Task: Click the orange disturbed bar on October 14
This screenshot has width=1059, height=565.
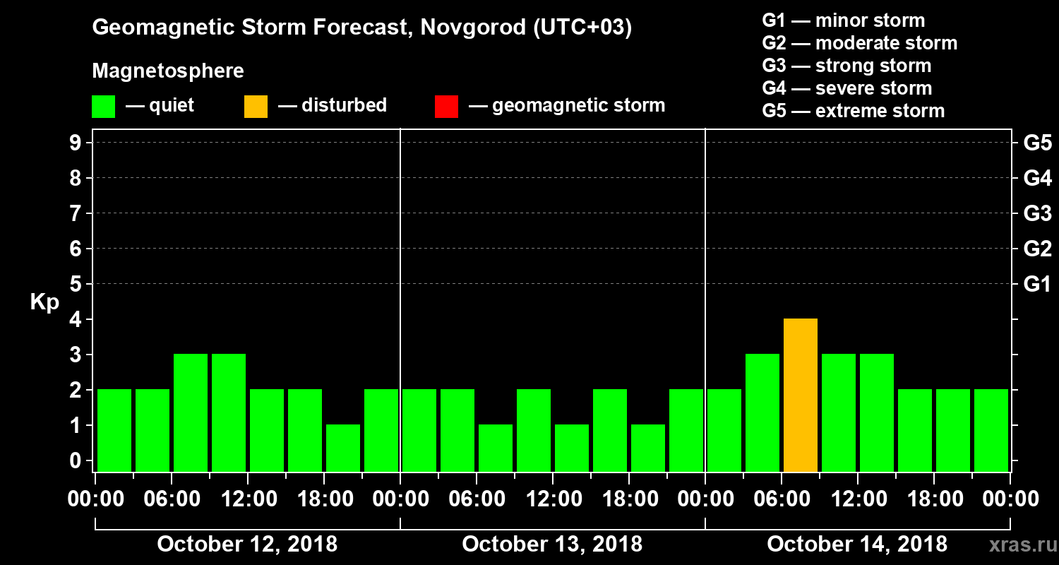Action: (801, 395)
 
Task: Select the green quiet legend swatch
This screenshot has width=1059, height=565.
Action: (103, 107)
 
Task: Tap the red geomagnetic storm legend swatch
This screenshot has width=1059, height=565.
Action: (446, 107)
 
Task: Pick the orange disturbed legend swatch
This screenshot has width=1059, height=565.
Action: (256, 107)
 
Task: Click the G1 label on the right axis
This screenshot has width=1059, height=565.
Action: (1037, 285)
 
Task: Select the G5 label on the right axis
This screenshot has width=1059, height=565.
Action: (1037, 143)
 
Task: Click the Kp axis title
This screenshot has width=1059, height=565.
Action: (44, 302)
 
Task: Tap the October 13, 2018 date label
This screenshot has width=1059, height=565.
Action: (552, 545)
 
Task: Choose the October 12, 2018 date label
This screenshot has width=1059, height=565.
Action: (247, 545)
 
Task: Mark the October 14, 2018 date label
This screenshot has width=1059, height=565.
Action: (857, 545)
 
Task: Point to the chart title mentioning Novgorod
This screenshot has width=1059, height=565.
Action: (361, 28)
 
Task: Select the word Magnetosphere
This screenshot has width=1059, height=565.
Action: (168, 71)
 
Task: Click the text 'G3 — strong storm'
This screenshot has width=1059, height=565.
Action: (846, 66)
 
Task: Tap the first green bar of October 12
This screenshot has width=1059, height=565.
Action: (114, 430)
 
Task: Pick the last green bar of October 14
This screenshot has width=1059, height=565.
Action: (991, 430)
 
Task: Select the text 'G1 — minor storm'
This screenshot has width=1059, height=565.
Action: (843, 20)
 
